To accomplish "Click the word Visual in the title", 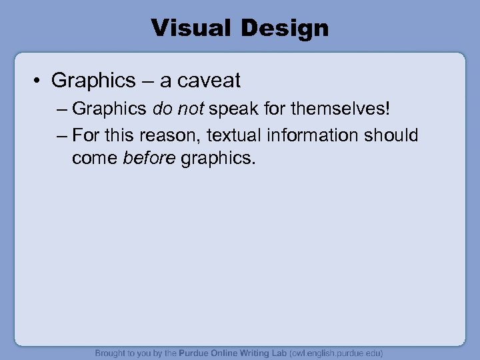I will coord(187,28).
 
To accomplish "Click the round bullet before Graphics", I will coord(39,81).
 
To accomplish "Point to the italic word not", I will coord(191,108).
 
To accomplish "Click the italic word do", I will coord(163,108).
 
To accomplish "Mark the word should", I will coord(391,135).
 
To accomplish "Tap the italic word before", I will coord(150,159).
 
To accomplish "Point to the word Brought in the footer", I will coord(111,353).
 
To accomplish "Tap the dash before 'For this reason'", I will coord(62,135).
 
